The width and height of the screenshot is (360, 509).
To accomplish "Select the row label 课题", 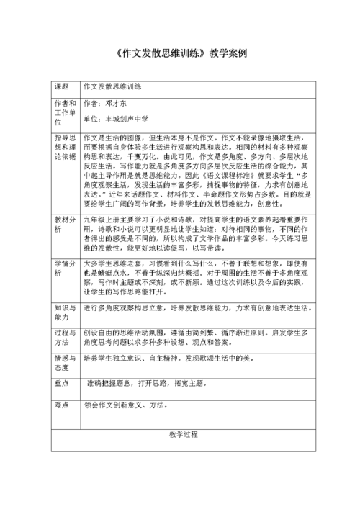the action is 62,86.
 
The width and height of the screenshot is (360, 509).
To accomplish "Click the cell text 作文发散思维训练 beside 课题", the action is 112,86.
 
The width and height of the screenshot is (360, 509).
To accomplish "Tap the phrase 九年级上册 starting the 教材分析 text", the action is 101,217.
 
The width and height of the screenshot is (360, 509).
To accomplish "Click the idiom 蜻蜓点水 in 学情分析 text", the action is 110,274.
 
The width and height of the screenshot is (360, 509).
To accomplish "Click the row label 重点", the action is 62,383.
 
